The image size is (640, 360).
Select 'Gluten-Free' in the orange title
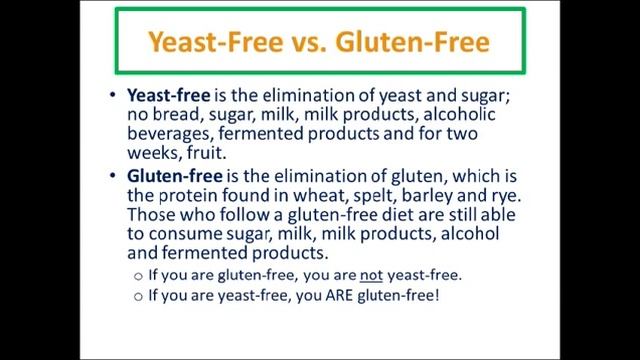426,42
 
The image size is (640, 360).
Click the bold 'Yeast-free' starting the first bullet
168,96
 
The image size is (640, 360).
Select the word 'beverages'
167,134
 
